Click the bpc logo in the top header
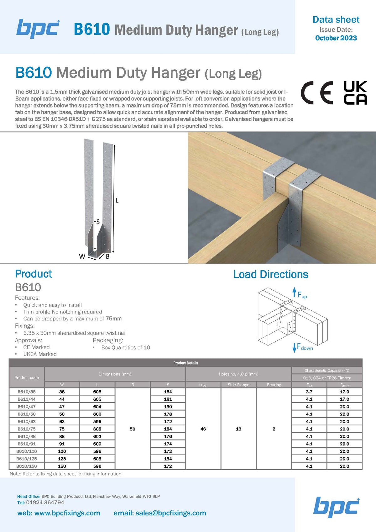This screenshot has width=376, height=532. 38,29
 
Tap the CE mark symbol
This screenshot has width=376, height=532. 317,93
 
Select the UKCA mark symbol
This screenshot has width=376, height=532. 355,93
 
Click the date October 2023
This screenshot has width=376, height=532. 336,38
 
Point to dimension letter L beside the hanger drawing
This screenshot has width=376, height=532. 117,200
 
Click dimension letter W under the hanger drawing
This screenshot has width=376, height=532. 82,256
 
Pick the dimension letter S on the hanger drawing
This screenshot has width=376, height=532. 98,222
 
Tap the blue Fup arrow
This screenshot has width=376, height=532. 294,292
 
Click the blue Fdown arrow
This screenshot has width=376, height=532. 294,348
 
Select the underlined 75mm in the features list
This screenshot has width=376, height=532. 113,319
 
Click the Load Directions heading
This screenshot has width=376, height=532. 271,274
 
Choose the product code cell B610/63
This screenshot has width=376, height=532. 27,421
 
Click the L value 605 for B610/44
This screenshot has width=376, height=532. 97,399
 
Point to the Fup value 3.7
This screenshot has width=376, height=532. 309,392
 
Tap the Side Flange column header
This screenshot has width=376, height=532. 238,385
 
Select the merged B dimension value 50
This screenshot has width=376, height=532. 133,429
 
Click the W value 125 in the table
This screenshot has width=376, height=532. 62,459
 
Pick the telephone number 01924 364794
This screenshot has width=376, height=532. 45,502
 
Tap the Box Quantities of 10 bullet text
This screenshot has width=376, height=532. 126,347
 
